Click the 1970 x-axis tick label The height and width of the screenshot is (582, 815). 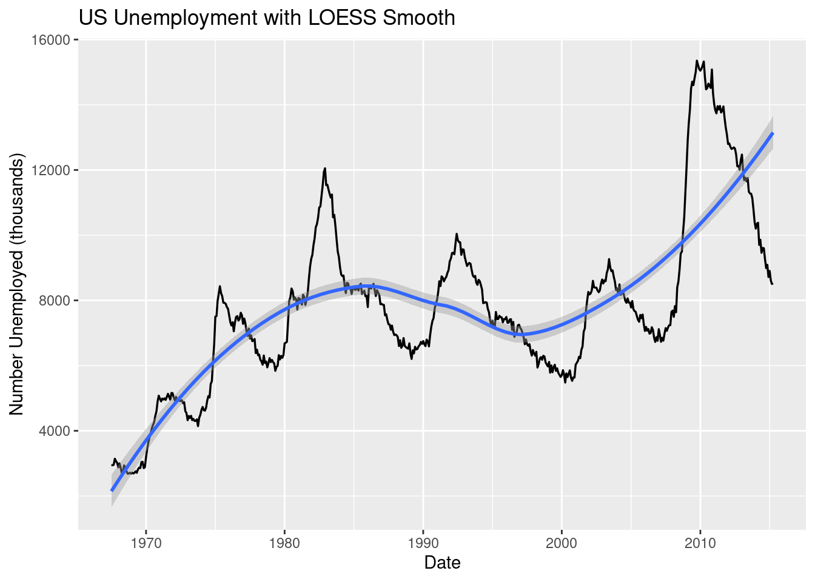146,543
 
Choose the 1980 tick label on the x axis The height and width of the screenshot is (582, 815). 284,543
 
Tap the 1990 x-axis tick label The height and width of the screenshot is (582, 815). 423,543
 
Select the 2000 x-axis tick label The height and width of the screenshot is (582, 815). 562,543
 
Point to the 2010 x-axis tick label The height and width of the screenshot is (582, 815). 700,543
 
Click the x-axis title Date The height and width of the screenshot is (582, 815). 442,563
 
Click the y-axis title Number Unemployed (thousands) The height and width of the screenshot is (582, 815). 17,284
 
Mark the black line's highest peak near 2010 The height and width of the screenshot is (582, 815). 697,61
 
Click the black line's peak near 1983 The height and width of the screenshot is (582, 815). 325,169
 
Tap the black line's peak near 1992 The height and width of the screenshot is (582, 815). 457,234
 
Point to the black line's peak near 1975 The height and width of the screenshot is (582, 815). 220,286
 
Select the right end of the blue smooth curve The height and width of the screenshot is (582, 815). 773,133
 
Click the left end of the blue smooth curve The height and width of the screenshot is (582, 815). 112,490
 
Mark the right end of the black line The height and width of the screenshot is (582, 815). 773,284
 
